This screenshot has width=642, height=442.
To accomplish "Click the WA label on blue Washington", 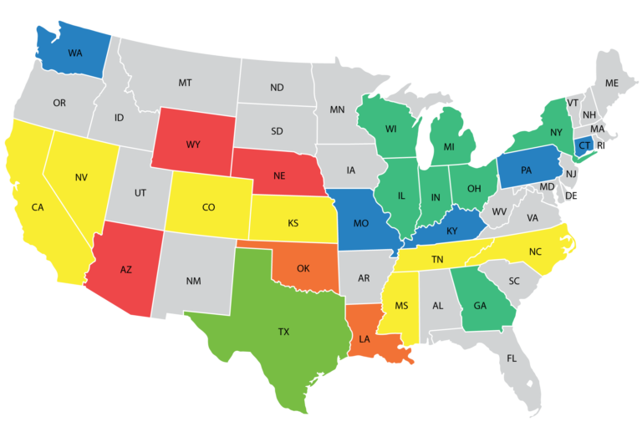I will click(75, 53).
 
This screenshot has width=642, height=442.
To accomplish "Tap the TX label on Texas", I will click(284, 332).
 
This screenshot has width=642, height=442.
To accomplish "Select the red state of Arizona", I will click(125, 269).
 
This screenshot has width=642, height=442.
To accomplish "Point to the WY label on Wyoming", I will click(193, 145).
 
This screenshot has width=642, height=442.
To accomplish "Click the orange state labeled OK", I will click(303, 268).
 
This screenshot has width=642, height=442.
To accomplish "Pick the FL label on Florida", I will click(512, 358).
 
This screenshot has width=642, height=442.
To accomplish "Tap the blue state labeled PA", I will click(526, 170).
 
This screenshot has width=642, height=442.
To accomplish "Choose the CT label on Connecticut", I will click(584, 145).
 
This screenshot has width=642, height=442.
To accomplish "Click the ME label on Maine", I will click(612, 83).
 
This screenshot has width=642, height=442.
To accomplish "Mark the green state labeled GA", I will click(480, 306).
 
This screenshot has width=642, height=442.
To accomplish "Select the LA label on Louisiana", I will click(364, 339).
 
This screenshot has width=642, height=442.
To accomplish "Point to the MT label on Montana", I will click(185, 83).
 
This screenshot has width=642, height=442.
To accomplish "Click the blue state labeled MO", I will click(361, 223).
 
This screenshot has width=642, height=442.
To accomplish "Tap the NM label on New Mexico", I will click(193, 281).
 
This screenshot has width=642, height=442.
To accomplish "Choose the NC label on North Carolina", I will click(535, 251).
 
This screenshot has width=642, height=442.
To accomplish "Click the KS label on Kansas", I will click(293, 223).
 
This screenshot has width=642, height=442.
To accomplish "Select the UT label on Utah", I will click(140, 193).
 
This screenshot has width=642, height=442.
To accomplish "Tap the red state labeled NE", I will click(280, 176).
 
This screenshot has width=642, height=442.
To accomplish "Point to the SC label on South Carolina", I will click(514, 281).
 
